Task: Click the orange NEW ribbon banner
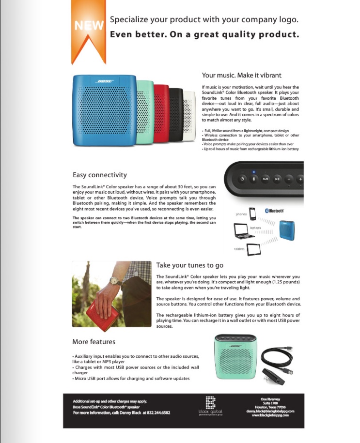click(88, 29)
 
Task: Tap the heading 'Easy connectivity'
click(99, 175)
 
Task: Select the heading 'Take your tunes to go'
click(189, 265)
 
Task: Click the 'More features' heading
click(94, 342)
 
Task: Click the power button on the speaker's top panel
click(243, 179)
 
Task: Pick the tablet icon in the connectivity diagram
click(253, 250)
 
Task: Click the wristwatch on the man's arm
click(115, 281)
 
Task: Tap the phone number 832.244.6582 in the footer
click(156, 412)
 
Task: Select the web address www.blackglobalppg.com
click(274, 415)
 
